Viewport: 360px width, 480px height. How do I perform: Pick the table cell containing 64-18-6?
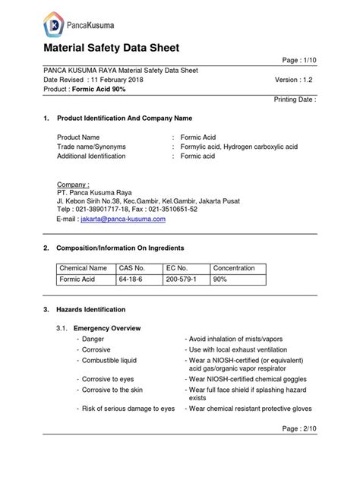point(131,279)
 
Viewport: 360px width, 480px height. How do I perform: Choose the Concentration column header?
point(238,268)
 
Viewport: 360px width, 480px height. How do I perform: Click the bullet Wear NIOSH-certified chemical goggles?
point(249,377)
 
